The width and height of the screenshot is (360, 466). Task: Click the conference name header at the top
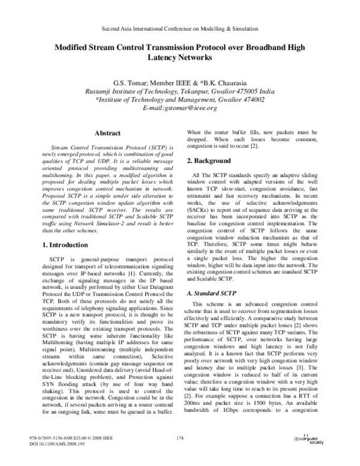pos(180,28)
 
